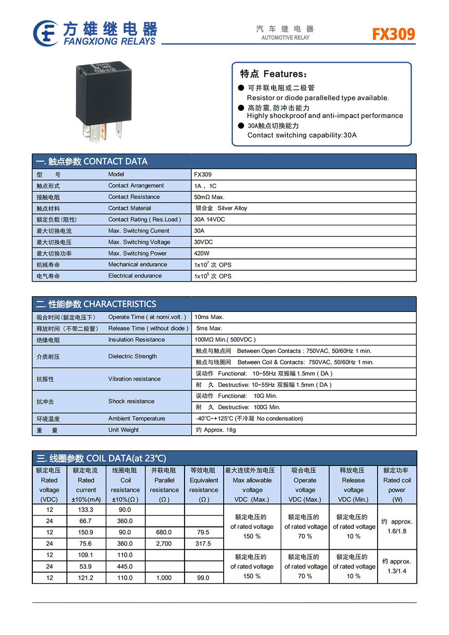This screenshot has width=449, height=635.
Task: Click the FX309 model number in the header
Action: point(393,34)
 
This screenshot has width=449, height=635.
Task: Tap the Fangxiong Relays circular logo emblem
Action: point(45,33)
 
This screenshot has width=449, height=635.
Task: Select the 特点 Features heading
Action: point(273,74)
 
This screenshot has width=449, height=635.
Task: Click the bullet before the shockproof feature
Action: point(241,108)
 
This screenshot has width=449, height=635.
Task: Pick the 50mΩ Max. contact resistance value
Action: point(209,197)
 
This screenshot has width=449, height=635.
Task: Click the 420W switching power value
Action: point(202,253)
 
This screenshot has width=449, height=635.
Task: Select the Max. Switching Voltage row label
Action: point(139,242)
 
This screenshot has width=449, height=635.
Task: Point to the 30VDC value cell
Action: point(203,242)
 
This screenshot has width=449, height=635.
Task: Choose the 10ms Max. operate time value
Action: point(209,317)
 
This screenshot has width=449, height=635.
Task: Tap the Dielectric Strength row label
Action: point(132,356)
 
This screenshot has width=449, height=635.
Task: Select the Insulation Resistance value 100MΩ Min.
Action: point(225,340)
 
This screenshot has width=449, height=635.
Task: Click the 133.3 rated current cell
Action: point(86,510)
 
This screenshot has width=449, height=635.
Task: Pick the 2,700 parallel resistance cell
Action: point(164,543)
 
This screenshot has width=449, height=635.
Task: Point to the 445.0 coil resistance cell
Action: point(125,566)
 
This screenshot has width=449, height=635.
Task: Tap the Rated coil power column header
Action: point(397,485)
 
